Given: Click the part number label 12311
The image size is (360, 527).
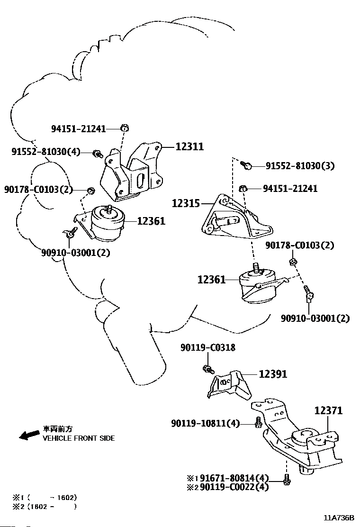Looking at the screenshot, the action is (189, 146).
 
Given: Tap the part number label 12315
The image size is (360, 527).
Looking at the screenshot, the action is (186, 203).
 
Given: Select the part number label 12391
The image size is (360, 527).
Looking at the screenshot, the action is (273, 374).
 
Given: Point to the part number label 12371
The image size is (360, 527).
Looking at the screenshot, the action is (328, 410).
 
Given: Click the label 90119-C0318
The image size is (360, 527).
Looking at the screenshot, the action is (208, 347).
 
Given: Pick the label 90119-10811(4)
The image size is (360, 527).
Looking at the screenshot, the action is (206, 424).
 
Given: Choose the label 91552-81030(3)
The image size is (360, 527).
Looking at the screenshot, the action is (300, 166).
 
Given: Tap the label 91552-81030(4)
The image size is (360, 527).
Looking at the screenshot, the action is (46, 152).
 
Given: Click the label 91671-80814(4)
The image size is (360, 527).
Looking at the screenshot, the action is (234, 478).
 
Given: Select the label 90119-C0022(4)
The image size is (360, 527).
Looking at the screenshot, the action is (234, 487).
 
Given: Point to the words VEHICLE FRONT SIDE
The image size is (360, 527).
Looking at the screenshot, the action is (79, 438).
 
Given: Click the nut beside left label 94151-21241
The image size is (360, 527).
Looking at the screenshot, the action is (125, 127).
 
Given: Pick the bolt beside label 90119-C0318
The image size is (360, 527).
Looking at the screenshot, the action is (208, 369).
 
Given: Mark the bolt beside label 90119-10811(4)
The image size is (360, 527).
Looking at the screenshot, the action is (258, 422).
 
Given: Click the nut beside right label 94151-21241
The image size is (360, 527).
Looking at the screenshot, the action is (243, 189).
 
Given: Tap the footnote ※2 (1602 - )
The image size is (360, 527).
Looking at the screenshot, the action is (45, 507).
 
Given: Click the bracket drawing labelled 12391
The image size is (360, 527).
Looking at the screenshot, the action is (230, 385).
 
